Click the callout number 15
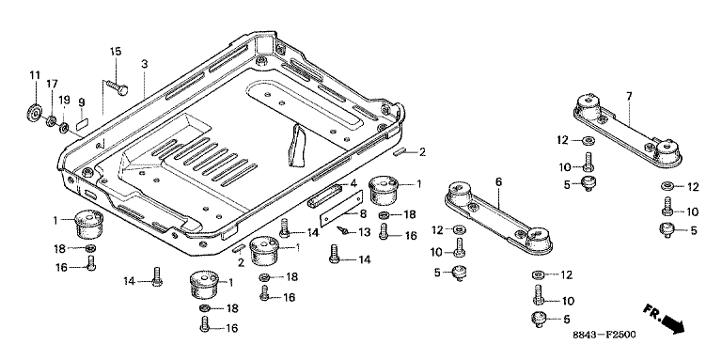(x=116, y=51)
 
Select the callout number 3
(x=145, y=64)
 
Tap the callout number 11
(x=36, y=75)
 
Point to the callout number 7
(x=629, y=96)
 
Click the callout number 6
(x=498, y=182)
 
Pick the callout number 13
(x=364, y=233)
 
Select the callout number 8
(x=363, y=214)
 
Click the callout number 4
(x=353, y=184)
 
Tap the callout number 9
(x=82, y=102)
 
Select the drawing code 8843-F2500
(x=604, y=335)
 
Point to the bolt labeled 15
(x=117, y=87)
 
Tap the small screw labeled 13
(x=342, y=228)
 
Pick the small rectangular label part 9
(x=82, y=123)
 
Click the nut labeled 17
(x=51, y=121)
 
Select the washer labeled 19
(x=63, y=126)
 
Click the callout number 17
(x=52, y=85)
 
